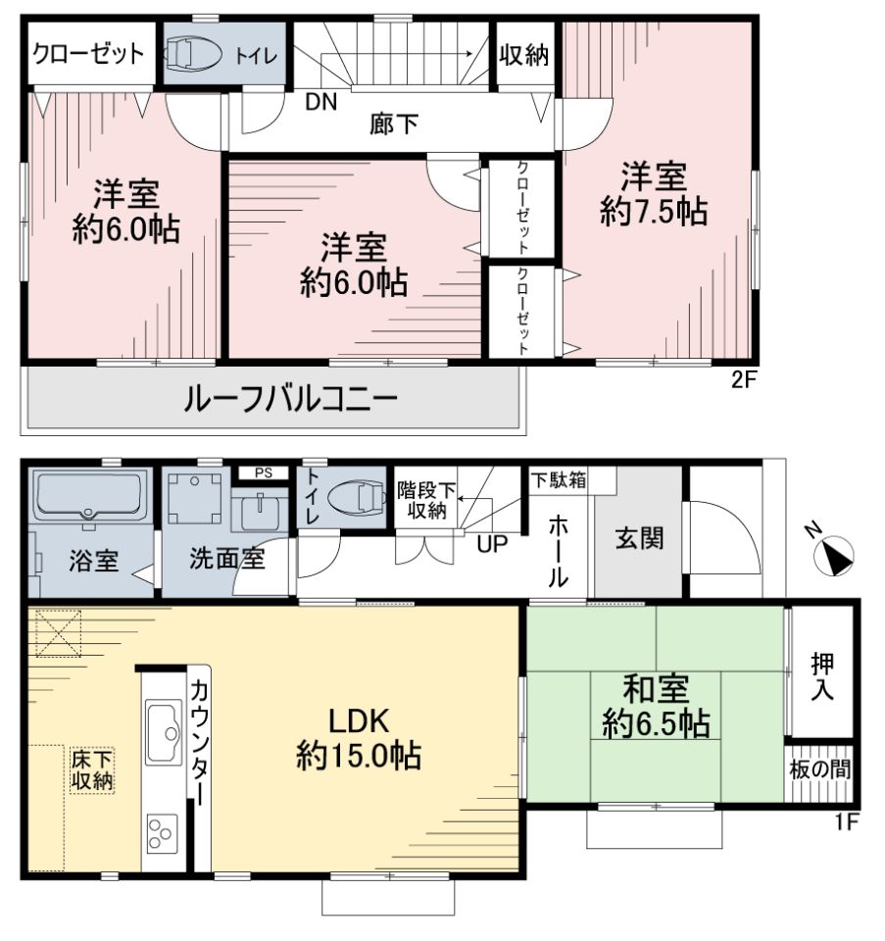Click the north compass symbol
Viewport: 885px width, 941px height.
click(x=835, y=556)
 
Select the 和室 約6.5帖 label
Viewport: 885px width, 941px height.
click(x=656, y=707)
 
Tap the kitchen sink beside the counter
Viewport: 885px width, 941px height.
click(x=164, y=732)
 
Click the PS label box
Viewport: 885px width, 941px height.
click(x=264, y=472)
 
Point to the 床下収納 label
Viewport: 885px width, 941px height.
click(x=92, y=770)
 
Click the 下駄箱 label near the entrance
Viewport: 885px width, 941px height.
click(x=558, y=480)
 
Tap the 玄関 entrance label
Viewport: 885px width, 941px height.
click(x=639, y=538)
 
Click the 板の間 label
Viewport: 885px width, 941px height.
click(x=819, y=769)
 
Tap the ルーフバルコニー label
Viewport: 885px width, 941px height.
click(x=291, y=399)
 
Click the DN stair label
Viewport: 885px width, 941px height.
click(x=321, y=102)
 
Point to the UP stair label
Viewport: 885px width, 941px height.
click(x=492, y=544)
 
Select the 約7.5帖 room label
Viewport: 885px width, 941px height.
click(x=654, y=212)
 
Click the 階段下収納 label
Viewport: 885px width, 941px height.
click(x=426, y=501)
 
